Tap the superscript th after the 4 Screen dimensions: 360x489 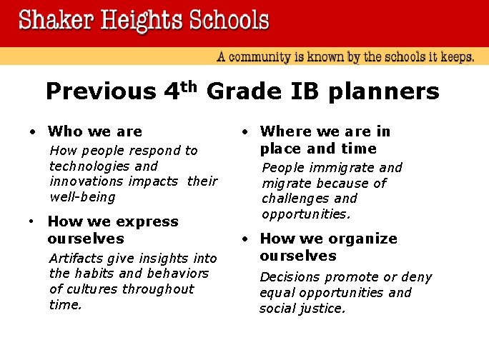pyautogui.click(x=188, y=86)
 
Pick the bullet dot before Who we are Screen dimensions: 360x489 pyautogui.click(x=32, y=132)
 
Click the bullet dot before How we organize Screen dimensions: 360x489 pyautogui.click(x=244, y=239)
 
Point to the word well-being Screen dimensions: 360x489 pyautogui.click(x=82, y=197)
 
